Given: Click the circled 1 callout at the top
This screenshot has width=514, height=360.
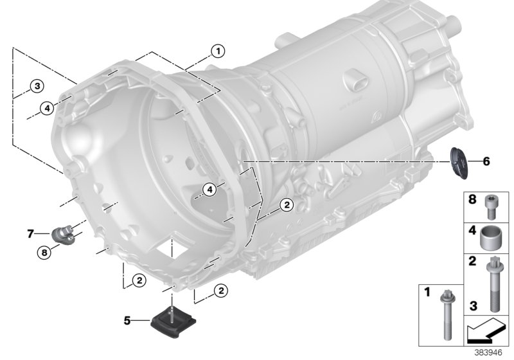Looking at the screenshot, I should click(x=217, y=51).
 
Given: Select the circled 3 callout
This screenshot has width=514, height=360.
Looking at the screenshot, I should click(x=37, y=86).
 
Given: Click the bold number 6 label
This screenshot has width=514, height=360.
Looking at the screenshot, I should click(x=486, y=161).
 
